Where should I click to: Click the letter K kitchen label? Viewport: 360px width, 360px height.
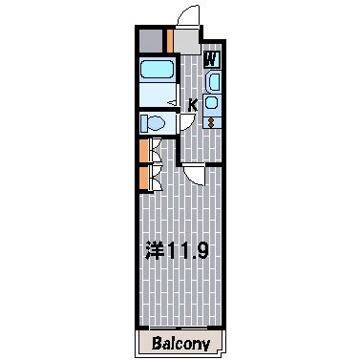tap(193, 105)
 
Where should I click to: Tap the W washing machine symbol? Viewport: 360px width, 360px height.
tap(211, 59)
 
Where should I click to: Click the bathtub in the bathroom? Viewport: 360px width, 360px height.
tap(157, 69)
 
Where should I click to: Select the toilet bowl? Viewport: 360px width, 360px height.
tap(157, 123)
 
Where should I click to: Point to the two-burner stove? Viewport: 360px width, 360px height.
tap(212, 122)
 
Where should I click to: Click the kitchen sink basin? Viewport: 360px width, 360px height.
tap(212, 103)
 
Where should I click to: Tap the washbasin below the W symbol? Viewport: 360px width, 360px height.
tap(213, 81)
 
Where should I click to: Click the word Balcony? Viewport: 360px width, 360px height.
tap(180, 344)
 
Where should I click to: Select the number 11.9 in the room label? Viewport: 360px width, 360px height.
tap(188, 250)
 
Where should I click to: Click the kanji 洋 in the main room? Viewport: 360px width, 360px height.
tap(155, 250)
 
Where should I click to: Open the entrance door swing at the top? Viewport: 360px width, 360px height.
tap(188, 16)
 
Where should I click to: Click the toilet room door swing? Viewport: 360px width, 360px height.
tap(187, 122)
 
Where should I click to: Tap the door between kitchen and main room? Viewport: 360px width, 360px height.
tap(194, 174)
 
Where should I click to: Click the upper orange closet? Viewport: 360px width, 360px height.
tap(144, 151)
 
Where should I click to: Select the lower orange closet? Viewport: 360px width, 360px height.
tap(144, 179)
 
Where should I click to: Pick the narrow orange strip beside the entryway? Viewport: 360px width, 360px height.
tap(170, 41)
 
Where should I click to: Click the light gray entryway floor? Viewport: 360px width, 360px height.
tap(187, 41)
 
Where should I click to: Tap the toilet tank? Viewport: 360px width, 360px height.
tap(144, 123)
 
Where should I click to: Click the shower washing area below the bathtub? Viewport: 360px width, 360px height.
tap(158, 95)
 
